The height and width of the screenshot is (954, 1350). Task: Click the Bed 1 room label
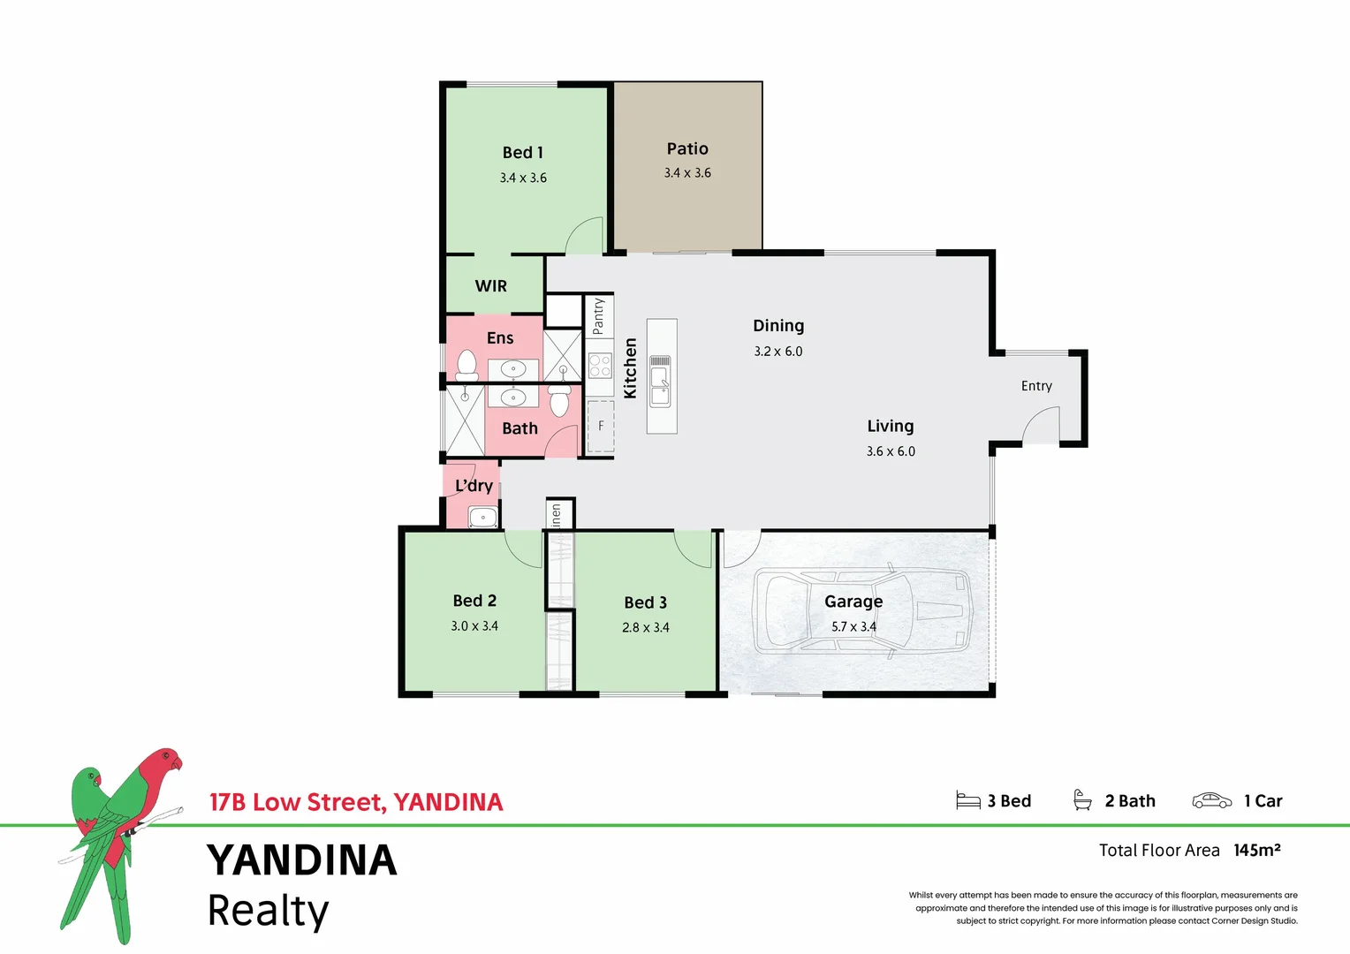tap(523, 153)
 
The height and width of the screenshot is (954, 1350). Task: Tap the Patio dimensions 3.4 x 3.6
tap(687, 173)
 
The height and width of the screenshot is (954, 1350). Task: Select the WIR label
tap(491, 286)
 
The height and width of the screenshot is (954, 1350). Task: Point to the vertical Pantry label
tap(598, 315)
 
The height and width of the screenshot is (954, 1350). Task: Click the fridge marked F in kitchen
tap(601, 426)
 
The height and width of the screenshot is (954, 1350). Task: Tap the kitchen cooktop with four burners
tap(600, 366)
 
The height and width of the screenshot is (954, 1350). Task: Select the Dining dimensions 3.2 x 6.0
tap(778, 352)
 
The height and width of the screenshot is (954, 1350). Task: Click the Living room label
tap(890, 426)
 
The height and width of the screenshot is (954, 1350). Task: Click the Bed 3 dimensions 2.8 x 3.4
tap(645, 627)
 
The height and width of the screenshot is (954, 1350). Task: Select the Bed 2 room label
tap(474, 601)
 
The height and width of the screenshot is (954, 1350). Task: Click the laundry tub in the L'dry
tap(482, 517)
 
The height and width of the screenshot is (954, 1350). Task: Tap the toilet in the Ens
tap(466, 364)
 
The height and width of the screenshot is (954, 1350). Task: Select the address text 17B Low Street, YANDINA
tap(356, 802)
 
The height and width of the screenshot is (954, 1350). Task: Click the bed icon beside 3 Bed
tap(968, 800)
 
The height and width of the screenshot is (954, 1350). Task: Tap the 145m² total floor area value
tap(1256, 850)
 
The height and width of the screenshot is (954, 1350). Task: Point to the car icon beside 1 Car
tap(1211, 800)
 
